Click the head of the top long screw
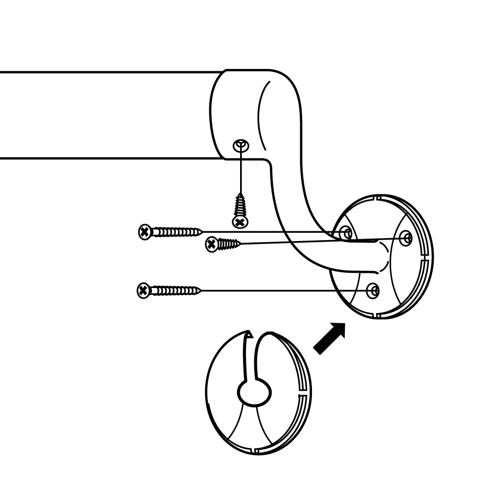(144, 232)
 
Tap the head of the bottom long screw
(143, 291)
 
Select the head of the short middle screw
(211, 244)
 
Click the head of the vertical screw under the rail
(240, 222)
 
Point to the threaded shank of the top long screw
(174, 232)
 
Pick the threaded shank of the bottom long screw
(172, 291)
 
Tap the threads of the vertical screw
(240, 205)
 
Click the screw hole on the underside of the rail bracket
(241, 145)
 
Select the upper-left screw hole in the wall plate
(346, 231)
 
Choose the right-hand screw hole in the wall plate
(406, 238)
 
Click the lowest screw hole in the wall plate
(373, 290)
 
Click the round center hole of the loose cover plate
(254, 392)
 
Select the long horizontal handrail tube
(108, 115)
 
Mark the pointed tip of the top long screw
(200, 231)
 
